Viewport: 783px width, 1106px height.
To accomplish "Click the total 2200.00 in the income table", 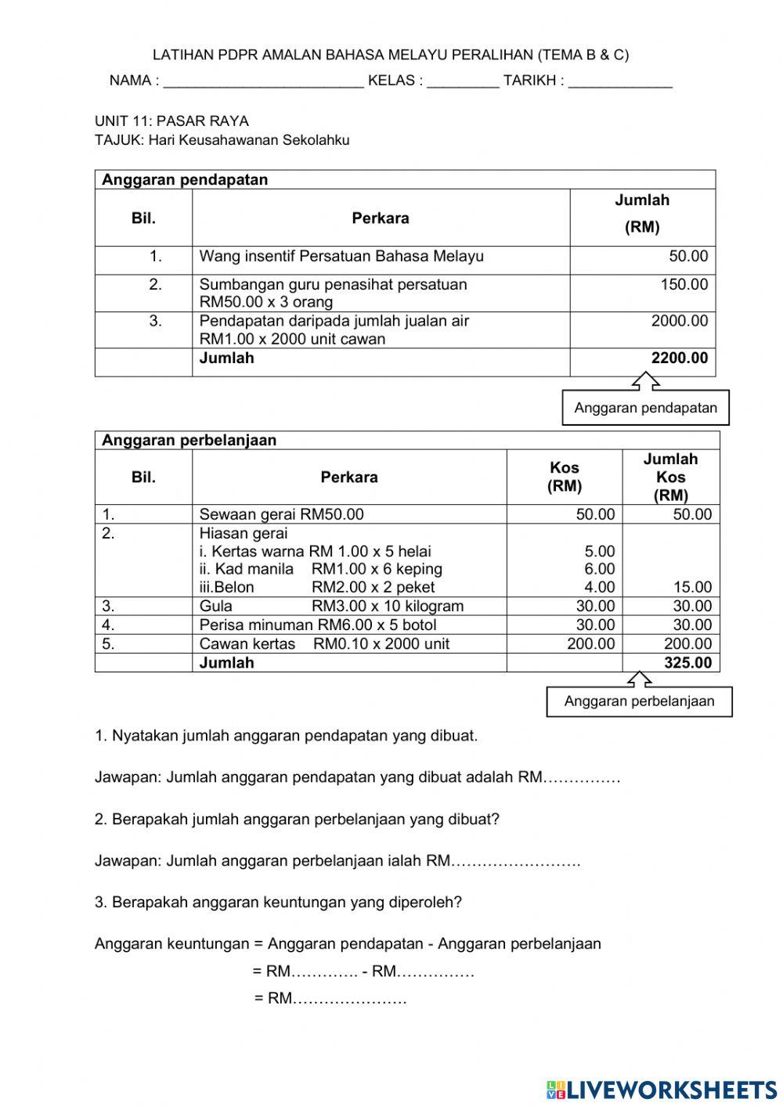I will click(679, 358).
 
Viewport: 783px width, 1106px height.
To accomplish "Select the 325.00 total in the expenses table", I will click(687, 663).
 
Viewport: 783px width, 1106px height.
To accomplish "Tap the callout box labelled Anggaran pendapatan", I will click(645, 408).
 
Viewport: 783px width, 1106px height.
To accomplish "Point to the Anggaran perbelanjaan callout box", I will click(639, 701).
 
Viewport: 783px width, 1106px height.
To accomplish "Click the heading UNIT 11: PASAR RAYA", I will click(171, 121).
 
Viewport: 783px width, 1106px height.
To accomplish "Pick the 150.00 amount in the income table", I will click(684, 285).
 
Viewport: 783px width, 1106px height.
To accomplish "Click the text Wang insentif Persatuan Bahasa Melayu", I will click(341, 257).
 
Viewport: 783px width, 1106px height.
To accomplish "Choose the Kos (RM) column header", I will click(564, 477).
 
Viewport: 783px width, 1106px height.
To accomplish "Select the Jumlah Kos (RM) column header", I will click(670, 477).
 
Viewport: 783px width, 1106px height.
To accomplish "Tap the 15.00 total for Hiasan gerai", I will click(692, 587).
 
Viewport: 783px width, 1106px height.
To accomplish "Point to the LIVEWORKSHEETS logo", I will click(662, 1089).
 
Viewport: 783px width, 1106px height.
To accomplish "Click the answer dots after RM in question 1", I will click(582, 778).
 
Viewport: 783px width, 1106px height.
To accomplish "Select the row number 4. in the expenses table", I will click(108, 625).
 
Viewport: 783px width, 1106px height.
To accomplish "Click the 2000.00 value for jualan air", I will click(679, 321).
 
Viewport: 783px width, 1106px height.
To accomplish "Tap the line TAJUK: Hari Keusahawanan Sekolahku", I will click(222, 141).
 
